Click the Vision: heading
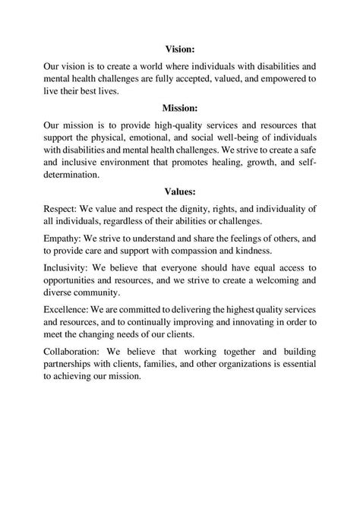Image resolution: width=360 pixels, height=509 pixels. point(180,48)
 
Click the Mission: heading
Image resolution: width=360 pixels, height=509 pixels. point(180,107)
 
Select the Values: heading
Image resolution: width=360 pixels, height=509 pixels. point(180,191)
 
